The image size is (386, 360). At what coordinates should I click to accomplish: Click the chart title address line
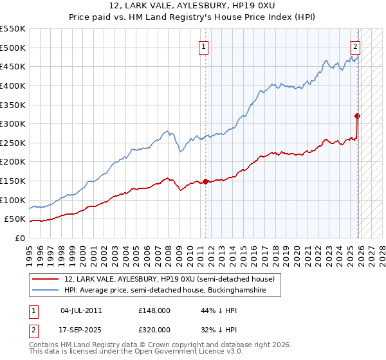193,6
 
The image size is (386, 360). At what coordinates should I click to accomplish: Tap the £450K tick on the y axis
13,66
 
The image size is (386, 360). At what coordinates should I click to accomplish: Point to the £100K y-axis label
13,200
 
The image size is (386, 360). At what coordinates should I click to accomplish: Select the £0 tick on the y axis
20,238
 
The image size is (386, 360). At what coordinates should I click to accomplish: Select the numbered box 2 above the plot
355,46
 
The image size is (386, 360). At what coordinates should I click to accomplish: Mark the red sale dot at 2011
206,181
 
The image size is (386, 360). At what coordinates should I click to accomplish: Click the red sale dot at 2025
358,116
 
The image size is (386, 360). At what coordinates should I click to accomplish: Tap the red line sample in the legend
46,279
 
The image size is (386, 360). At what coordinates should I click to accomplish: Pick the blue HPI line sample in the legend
46,291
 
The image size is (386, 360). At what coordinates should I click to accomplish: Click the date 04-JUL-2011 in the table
81,310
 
